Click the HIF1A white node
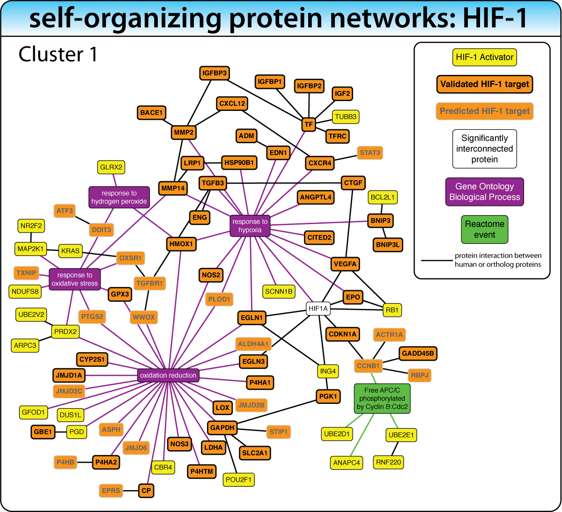tap(318, 309)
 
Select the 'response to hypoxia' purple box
tap(250, 226)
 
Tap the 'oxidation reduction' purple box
tap(168, 375)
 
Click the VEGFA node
tap(345, 264)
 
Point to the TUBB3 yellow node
tap(346, 117)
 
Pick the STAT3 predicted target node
tap(370, 153)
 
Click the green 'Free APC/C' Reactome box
tap(382, 398)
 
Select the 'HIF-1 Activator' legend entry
tap(484, 57)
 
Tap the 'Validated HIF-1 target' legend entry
tap(484, 84)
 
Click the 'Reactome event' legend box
tap(484, 229)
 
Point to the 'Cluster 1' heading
tap(58, 54)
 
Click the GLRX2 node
tap(111, 167)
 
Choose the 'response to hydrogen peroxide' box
tap(119, 197)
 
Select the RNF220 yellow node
tap(388, 462)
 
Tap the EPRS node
tap(111, 491)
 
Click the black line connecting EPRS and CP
tap(131, 491)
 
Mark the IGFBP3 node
tap(214, 73)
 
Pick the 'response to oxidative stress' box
tap(75, 279)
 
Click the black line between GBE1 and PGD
tap(61, 432)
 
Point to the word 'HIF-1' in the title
tap(495, 18)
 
